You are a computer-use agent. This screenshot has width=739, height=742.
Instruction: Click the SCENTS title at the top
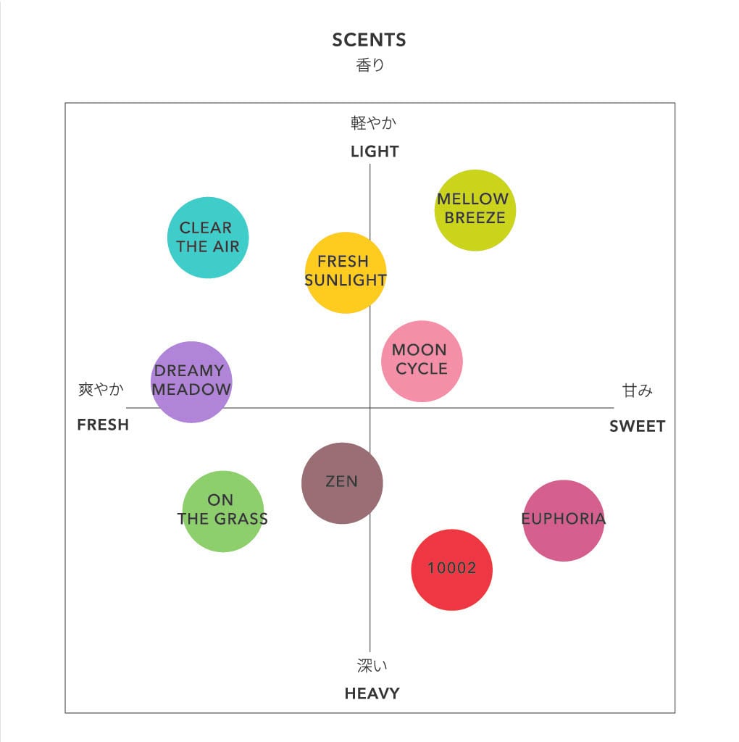tap(369, 40)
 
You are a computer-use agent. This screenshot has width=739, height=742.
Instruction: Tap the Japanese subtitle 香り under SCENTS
tap(370, 65)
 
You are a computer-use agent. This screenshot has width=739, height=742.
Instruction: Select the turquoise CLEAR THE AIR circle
tap(208, 238)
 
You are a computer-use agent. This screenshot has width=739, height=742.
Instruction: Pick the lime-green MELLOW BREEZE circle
tap(475, 211)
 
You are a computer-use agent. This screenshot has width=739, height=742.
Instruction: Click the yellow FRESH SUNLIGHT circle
tap(346, 272)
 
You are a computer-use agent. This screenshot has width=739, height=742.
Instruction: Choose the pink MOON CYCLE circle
tap(422, 361)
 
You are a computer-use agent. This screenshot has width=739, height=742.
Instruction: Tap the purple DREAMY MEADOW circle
tap(191, 382)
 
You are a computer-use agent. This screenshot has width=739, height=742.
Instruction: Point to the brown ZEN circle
tap(342, 483)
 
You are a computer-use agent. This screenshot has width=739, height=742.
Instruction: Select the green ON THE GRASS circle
tap(222, 511)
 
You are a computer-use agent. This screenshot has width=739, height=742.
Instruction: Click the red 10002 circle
tap(451, 570)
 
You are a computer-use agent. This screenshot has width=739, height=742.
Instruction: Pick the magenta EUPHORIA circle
tap(563, 520)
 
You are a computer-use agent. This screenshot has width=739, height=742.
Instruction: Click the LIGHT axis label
tap(375, 151)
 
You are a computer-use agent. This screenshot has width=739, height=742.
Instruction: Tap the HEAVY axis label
tap(372, 693)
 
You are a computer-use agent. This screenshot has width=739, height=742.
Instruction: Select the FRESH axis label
tap(103, 425)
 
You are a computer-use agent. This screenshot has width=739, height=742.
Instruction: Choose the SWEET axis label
tap(637, 426)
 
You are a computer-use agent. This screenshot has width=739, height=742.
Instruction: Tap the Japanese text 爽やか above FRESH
tap(101, 390)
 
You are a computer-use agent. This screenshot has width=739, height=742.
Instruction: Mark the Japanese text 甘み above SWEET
tap(638, 391)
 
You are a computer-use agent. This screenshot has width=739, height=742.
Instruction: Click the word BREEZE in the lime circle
tap(475, 218)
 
